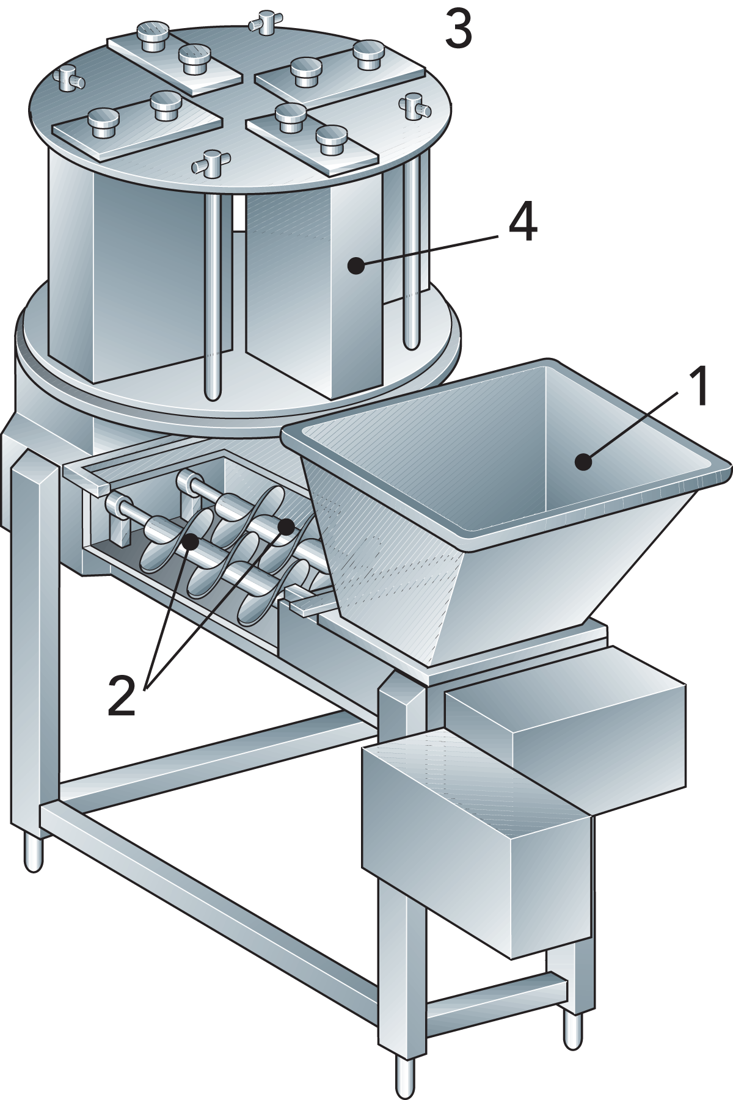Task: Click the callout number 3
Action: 458,29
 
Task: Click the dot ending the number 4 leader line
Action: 356,266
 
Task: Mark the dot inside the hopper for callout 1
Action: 584,462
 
